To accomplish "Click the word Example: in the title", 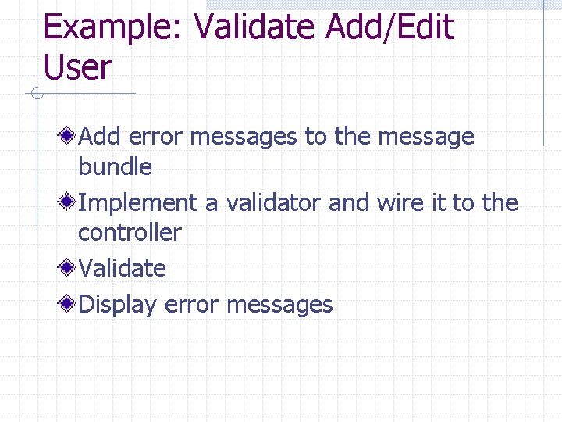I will (x=114, y=28).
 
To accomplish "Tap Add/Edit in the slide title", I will (x=389, y=28).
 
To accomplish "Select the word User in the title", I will (x=78, y=67).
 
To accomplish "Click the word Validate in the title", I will (x=254, y=28).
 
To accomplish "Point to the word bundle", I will (x=115, y=166).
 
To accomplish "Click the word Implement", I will (x=138, y=203).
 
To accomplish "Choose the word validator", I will (x=273, y=203).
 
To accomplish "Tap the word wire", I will (x=400, y=203).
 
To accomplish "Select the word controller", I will (x=130, y=232).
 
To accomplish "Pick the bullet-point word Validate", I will (x=123, y=268).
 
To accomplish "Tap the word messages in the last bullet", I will (x=279, y=304).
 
